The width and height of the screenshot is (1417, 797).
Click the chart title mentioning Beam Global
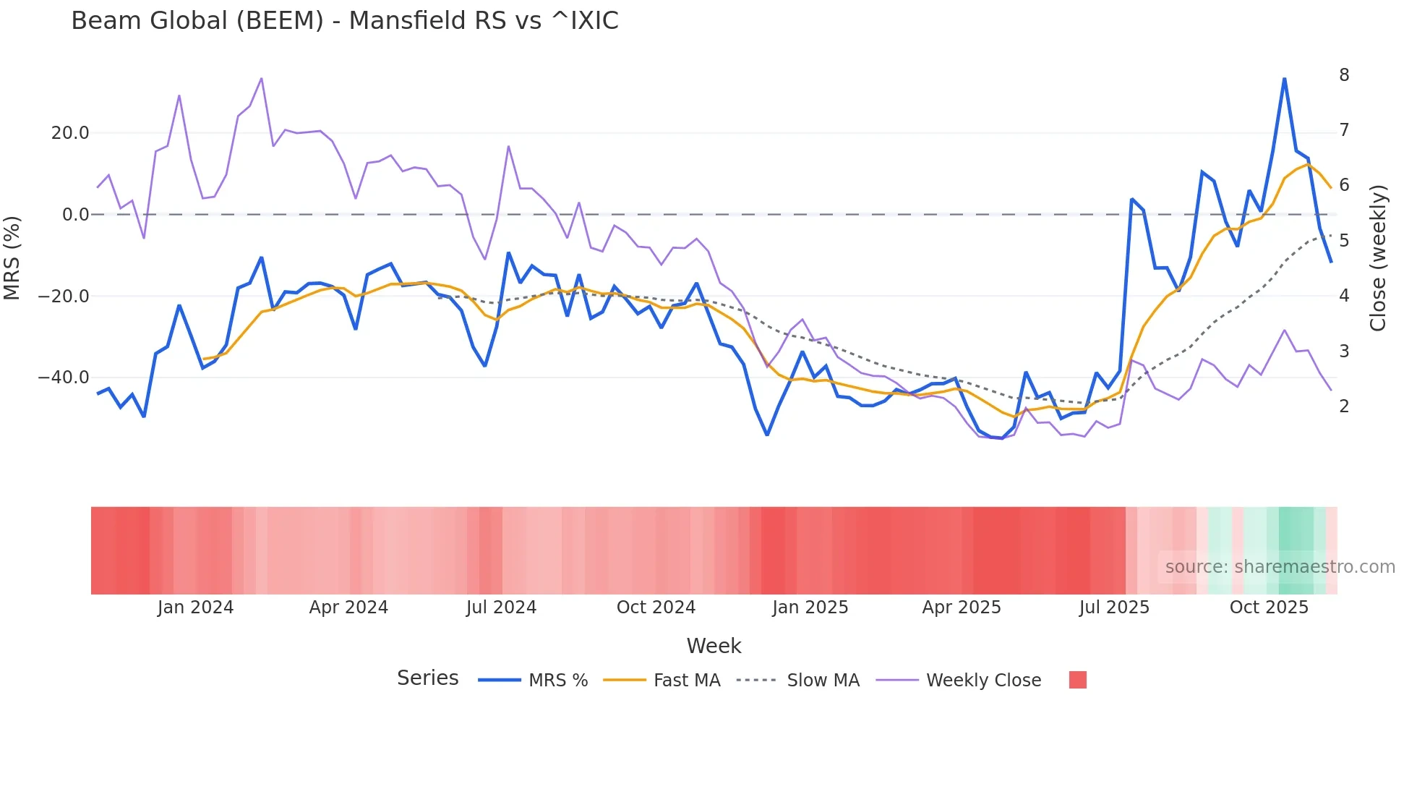pyautogui.click(x=345, y=21)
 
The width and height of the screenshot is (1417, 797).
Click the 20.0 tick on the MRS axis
pyautogui.click(x=70, y=133)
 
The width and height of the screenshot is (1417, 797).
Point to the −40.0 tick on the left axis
pyautogui.click(x=64, y=378)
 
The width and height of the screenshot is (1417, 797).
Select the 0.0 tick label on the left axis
pyautogui.click(x=75, y=215)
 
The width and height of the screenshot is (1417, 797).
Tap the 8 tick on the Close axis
pyautogui.click(x=1344, y=75)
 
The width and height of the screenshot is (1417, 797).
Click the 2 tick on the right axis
pyautogui.click(x=1344, y=406)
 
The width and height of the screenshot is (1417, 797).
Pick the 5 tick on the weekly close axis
pyautogui.click(x=1344, y=241)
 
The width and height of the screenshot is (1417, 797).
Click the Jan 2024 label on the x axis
pyautogui.click(x=195, y=608)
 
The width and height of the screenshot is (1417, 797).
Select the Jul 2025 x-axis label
pyautogui.click(x=1114, y=608)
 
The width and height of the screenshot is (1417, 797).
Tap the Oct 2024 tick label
pyautogui.click(x=656, y=608)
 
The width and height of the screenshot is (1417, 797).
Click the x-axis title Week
pyautogui.click(x=714, y=646)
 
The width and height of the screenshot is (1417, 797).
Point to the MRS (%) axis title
pyautogui.click(x=12, y=258)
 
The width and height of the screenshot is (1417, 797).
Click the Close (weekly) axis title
pyautogui.click(x=1378, y=258)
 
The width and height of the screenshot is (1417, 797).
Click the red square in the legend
pyautogui.click(x=1077, y=680)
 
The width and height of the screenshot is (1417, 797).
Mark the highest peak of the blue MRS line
pyautogui.click(x=1284, y=79)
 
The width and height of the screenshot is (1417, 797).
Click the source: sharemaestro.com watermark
pyautogui.click(x=1280, y=567)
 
